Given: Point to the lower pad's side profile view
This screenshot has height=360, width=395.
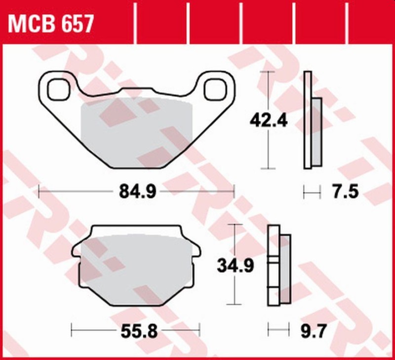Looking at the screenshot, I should [279, 265].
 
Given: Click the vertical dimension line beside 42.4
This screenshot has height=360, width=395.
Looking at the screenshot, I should [267, 148].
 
